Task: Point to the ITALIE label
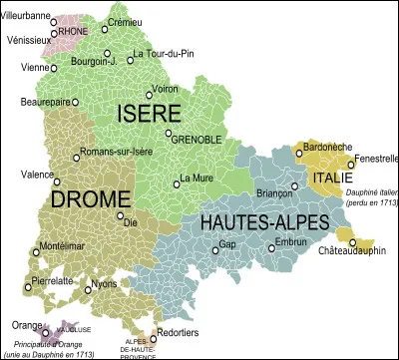coord(332,178)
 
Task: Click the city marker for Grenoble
coord(170,133)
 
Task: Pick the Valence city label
coord(37,174)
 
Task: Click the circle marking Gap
coord(215,250)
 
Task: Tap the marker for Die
coord(121,215)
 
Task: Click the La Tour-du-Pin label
coord(162,54)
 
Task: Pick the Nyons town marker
coord(86,291)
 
